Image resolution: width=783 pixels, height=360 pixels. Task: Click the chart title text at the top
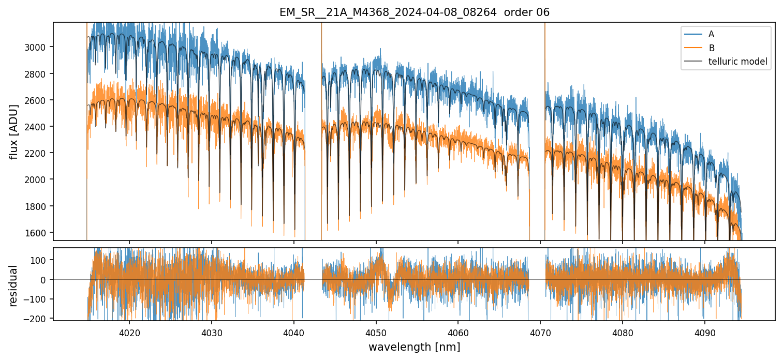[x=414, y=12]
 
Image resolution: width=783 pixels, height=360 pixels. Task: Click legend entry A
[x=711, y=34]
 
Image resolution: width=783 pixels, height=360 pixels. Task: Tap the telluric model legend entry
[x=737, y=62]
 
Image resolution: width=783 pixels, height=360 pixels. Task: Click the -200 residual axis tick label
[x=38, y=319]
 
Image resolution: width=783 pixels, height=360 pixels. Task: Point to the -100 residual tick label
[x=38, y=299]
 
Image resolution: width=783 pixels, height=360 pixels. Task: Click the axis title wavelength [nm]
[x=414, y=347]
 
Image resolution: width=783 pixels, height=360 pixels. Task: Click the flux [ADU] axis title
[x=13, y=131]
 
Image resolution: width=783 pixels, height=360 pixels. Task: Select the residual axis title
[x=13, y=286]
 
